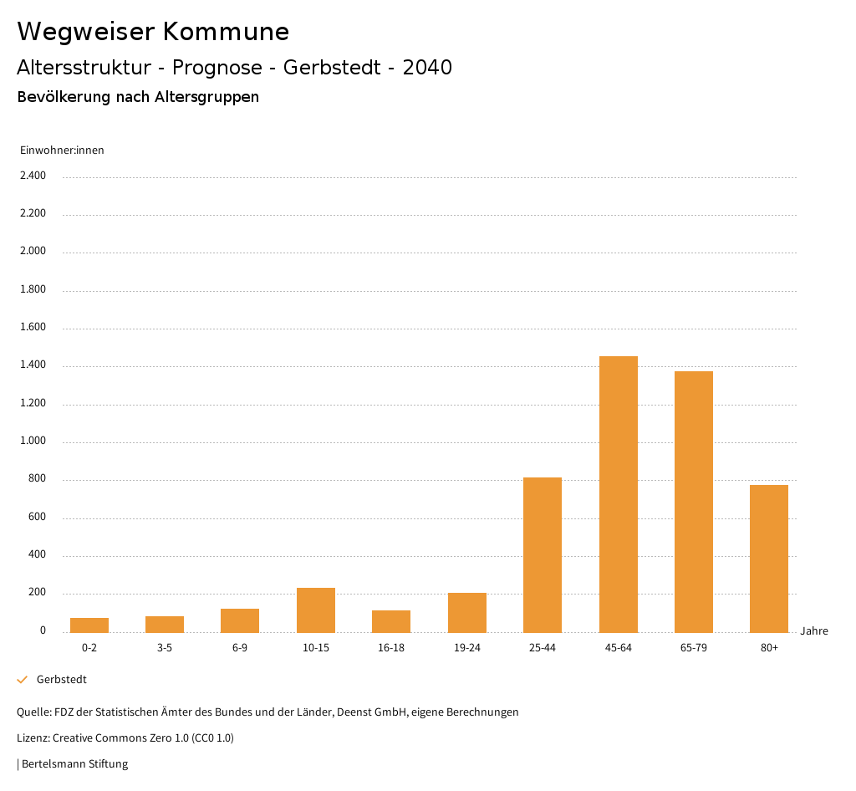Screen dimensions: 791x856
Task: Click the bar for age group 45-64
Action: point(619,494)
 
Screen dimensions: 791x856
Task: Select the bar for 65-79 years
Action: point(694,502)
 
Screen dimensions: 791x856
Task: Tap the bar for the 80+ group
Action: point(769,559)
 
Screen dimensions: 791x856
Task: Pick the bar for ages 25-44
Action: point(543,555)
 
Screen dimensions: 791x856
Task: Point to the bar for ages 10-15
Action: point(316,610)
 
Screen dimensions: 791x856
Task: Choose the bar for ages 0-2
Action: point(89,625)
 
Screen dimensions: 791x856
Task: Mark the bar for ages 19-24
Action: point(467,613)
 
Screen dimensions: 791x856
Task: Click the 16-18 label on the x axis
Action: point(391,648)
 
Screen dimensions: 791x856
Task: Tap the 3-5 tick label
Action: point(165,648)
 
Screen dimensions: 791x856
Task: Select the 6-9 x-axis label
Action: point(240,648)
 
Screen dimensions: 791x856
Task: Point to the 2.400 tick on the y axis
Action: point(33,176)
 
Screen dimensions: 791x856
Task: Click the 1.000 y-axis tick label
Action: point(33,441)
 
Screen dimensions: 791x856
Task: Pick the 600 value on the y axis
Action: point(37,518)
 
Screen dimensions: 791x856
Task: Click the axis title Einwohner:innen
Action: point(62,151)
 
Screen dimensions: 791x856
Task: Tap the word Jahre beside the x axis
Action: point(814,631)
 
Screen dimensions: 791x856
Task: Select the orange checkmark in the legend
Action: point(23,680)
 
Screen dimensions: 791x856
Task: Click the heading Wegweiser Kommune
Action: point(153,32)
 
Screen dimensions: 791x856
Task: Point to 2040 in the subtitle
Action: point(427,68)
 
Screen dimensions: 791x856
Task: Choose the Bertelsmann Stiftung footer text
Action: point(74,763)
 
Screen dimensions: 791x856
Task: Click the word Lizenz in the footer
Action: point(33,738)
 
